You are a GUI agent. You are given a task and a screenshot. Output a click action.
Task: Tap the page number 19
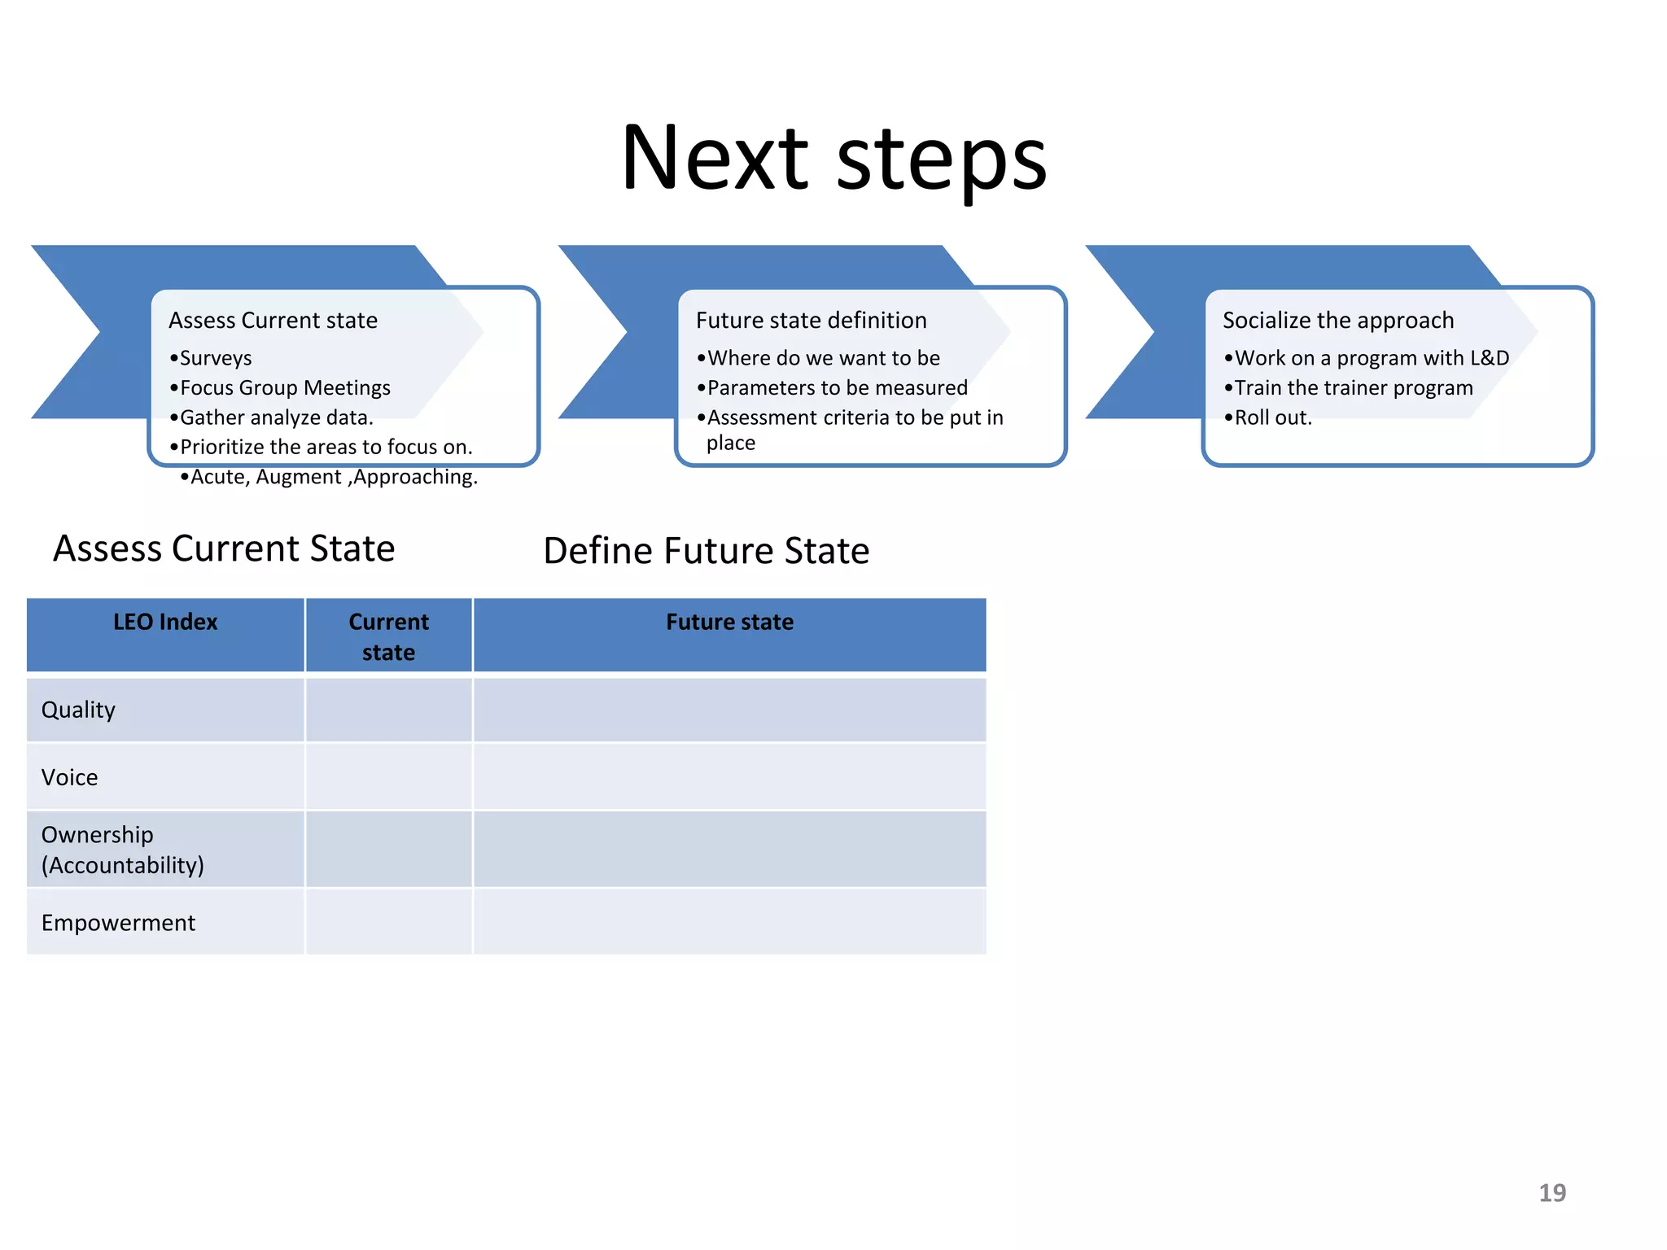point(1551,1192)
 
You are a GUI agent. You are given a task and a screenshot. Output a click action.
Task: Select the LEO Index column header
point(165,623)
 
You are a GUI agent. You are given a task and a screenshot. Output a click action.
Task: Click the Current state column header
point(388,636)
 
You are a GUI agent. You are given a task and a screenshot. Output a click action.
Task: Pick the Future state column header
point(729,623)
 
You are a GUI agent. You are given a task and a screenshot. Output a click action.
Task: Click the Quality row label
point(79,710)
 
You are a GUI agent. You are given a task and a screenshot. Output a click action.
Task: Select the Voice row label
point(70,777)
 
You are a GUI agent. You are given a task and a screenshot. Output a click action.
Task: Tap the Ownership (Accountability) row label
point(122,850)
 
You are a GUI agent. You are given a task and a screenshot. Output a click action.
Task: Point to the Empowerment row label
point(119,923)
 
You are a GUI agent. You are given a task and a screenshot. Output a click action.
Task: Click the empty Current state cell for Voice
point(388,777)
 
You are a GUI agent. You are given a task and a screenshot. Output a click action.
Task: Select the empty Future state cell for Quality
point(729,710)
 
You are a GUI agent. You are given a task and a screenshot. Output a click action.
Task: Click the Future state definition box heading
point(811,321)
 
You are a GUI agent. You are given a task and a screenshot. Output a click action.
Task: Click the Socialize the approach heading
point(1337,321)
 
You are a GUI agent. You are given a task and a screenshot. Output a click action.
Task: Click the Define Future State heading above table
point(706,551)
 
